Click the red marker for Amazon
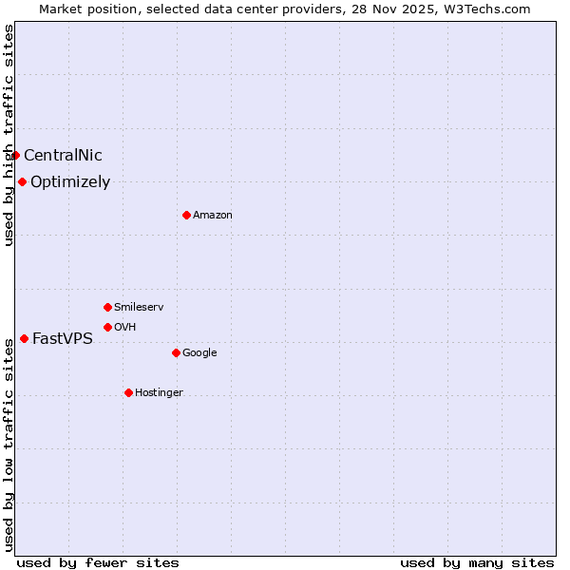[x=186, y=215]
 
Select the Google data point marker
[x=176, y=352]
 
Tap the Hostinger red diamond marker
[x=128, y=392]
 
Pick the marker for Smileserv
[x=107, y=307]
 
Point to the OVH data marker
[x=107, y=327]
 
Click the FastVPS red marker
[x=24, y=338]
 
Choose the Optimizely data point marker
[x=22, y=181]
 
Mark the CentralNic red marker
[x=15, y=155]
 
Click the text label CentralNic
[x=63, y=156]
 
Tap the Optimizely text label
[x=70, y=182]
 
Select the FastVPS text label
[x=63, y=339]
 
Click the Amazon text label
[x=213, y=216]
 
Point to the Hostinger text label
[x=159, y=393]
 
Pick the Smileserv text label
[x=139, y=308]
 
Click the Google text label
[x=199, y=353]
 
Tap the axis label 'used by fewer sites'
[x=98, y=562]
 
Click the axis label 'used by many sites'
[x=477, y=562]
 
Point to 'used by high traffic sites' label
[x=9, y=135]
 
